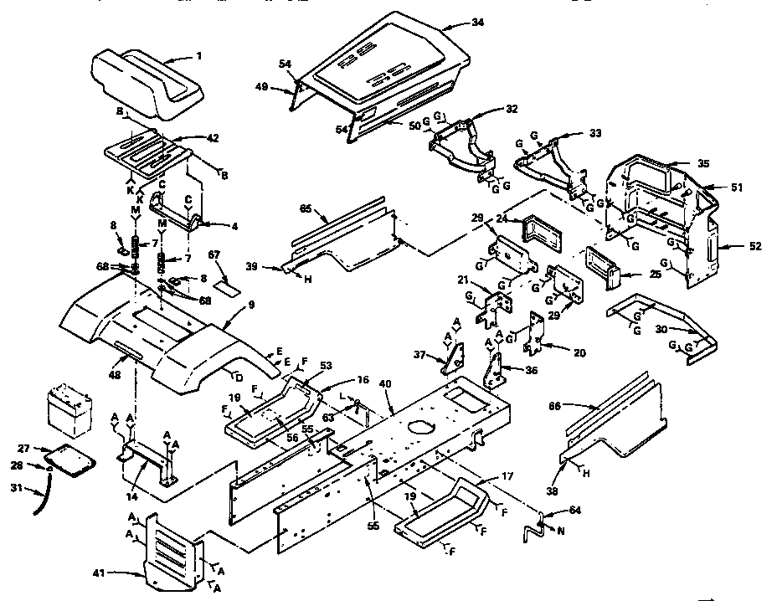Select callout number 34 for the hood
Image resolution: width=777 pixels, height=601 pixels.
click(478, 23)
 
